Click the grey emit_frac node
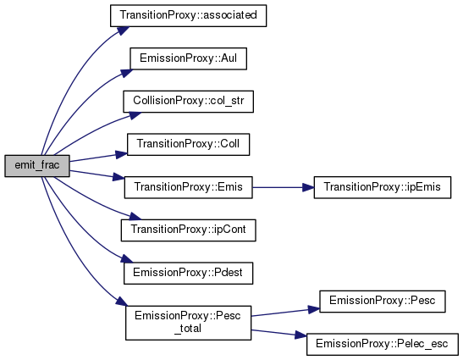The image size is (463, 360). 37,166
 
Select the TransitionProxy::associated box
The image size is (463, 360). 189,15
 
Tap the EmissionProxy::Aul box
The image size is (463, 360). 189,58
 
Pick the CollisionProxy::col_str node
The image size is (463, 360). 189,102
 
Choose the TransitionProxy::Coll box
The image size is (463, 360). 189,144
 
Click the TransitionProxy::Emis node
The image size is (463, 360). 189,187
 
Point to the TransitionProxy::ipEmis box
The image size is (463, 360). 383,187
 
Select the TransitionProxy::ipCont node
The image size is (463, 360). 189,230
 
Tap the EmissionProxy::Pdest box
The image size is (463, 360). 189,273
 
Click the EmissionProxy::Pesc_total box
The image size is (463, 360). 189,323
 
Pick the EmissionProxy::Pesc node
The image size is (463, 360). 383,302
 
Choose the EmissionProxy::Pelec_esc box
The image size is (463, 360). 383,344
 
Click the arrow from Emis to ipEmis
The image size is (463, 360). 284,187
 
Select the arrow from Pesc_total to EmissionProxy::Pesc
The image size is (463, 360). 285,312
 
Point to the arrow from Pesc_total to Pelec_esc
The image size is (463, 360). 279,334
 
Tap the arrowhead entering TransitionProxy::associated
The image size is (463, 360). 124,30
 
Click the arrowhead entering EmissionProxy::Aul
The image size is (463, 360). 127,73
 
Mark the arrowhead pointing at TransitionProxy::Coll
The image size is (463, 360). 121,154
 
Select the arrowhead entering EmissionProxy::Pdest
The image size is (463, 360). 127,259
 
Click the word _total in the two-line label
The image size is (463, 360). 188,329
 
